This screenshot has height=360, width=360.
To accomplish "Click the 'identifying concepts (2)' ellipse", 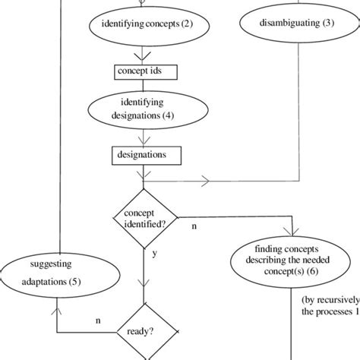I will tap(144, 25).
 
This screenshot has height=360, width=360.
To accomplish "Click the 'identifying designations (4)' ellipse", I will tap(142, 111).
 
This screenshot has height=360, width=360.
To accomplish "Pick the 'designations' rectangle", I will tap(143, 155).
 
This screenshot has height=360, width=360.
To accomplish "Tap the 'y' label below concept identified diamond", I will tap(154, 254).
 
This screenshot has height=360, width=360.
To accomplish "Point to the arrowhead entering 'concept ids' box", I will tap(143, 58).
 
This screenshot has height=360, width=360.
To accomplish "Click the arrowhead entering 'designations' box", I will tap(143, 141).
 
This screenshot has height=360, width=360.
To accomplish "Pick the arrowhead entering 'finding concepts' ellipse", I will tap(289, 232).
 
